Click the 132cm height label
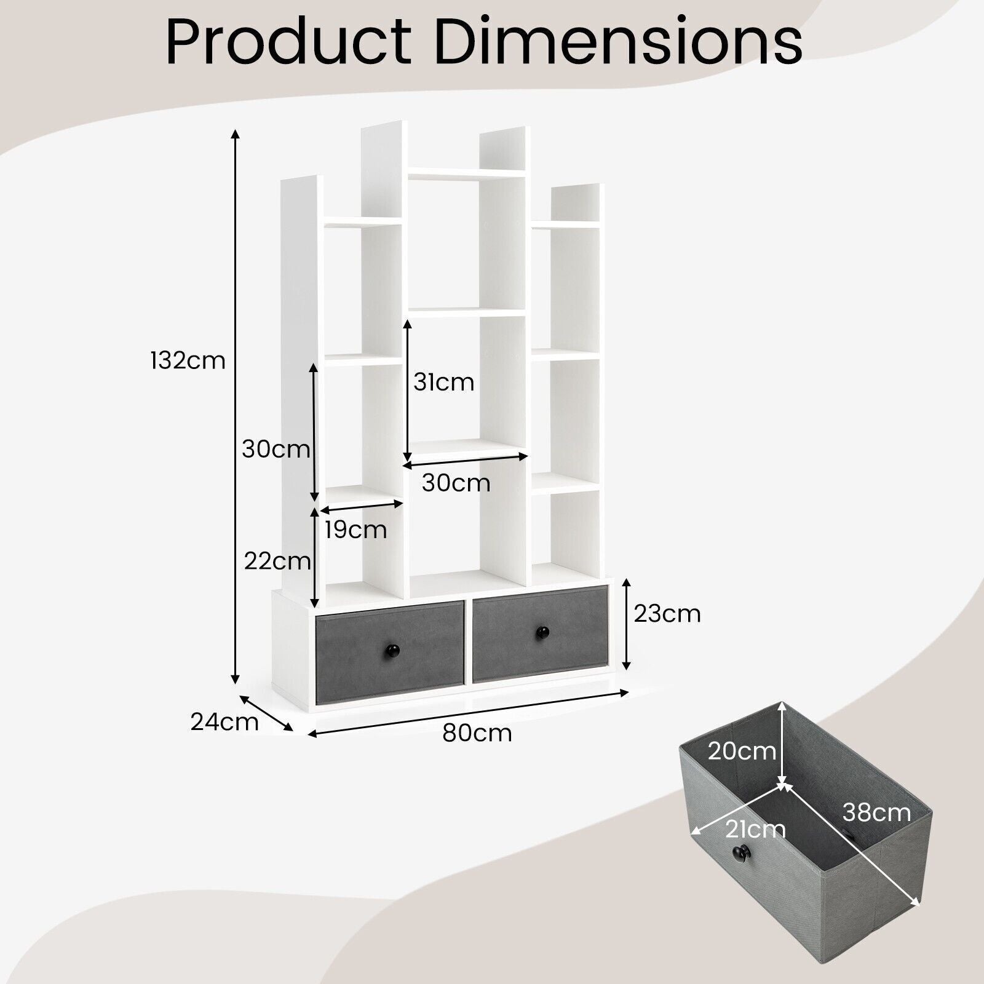tap(188, 360)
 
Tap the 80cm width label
tap(477, 733)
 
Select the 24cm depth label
tap(224, 721)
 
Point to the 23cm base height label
tap(667, 614)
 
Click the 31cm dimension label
tap(444, 382)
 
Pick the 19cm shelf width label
tap(356, 530)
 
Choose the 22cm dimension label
tap(277, 561)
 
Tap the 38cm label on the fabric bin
tap(876, 812)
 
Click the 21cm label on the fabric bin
tap(755, 830)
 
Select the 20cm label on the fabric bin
tap(742, 751)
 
